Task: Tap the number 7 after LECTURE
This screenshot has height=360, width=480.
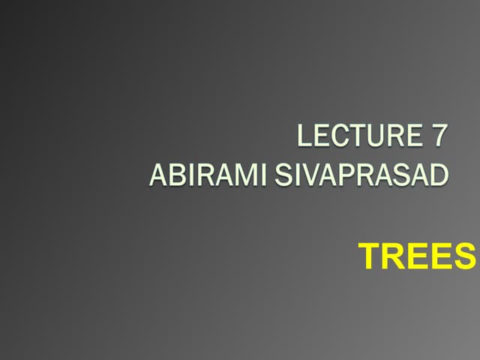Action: coord(439,136)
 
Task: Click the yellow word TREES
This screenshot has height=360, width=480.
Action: coord(418,257)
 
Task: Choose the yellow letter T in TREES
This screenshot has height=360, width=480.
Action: coord(370,257)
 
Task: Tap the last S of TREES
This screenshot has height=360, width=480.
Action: coord(464,257)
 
